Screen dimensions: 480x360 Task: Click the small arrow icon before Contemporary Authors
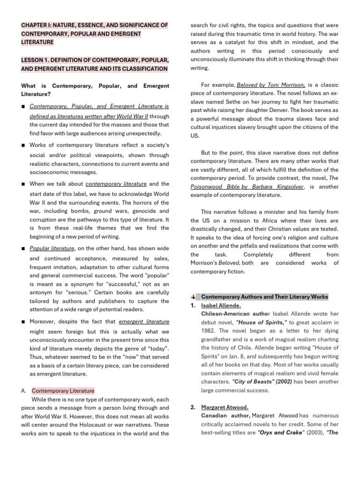(x=193, y=297)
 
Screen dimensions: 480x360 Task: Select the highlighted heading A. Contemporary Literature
(x=63, y=390)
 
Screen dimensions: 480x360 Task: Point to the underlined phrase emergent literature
(x=144, y=322)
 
